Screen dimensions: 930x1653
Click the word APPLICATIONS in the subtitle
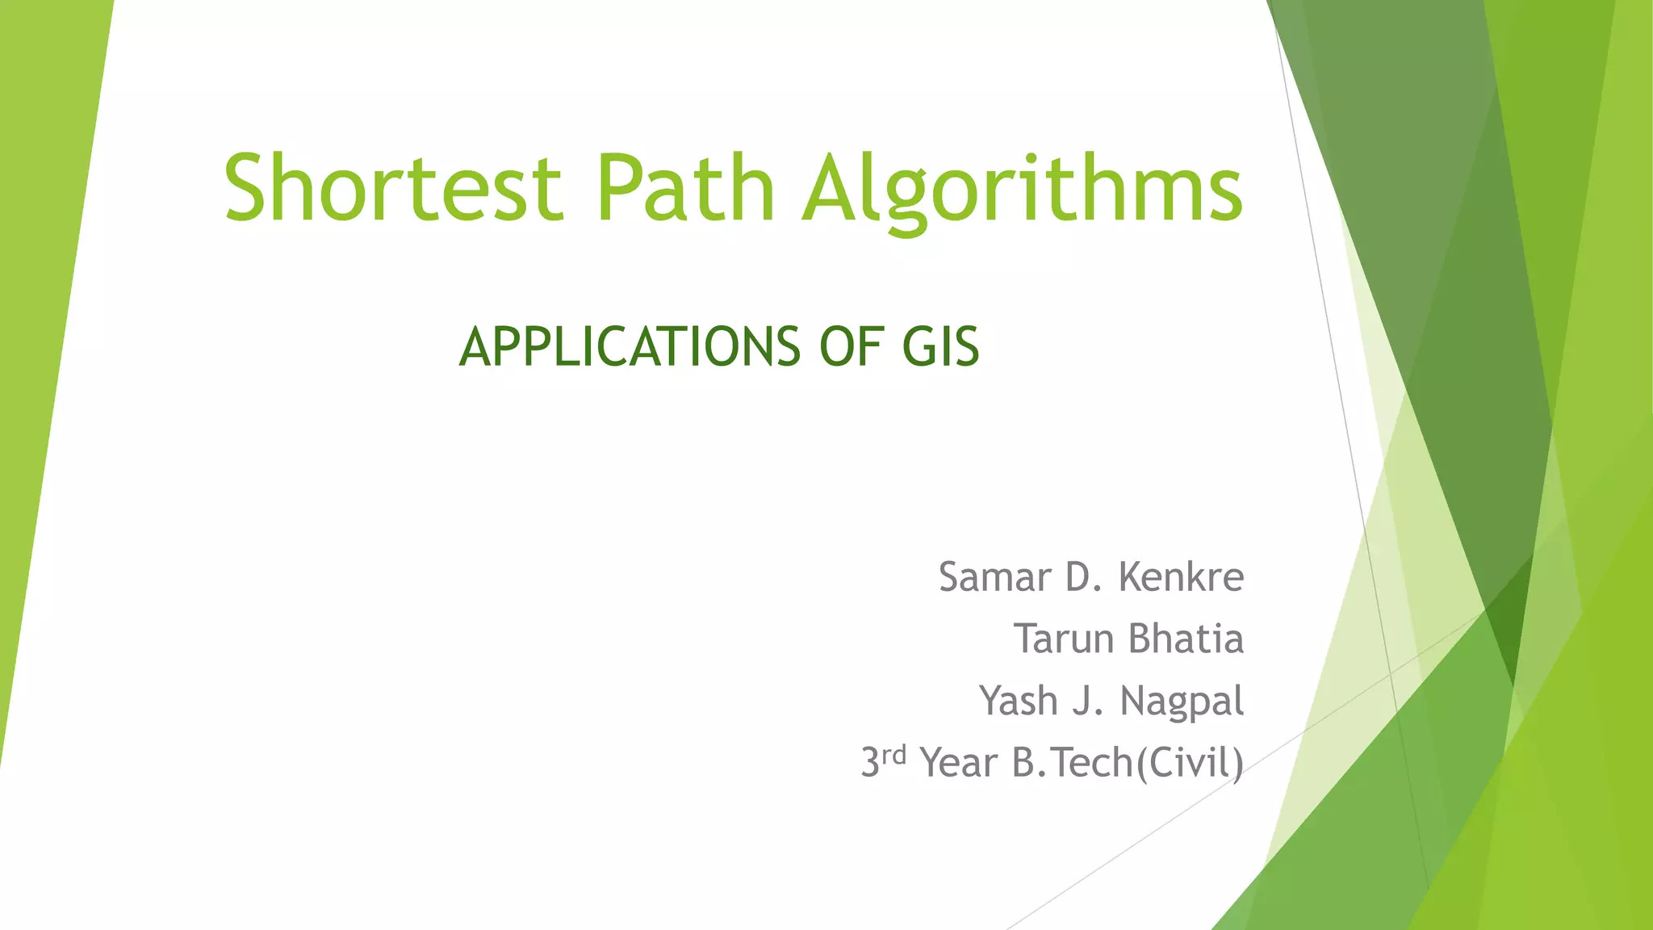(x=630, y=347)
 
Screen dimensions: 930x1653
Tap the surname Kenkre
(x=1182, y=577)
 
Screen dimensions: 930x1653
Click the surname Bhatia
(x=1186, y=639)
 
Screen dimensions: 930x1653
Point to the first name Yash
(x=1019, y=700)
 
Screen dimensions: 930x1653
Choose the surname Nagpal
(x=1182, y=702)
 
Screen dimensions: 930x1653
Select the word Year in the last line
(x=959, y=763)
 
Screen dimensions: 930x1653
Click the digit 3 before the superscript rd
(x=869, y=763)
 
